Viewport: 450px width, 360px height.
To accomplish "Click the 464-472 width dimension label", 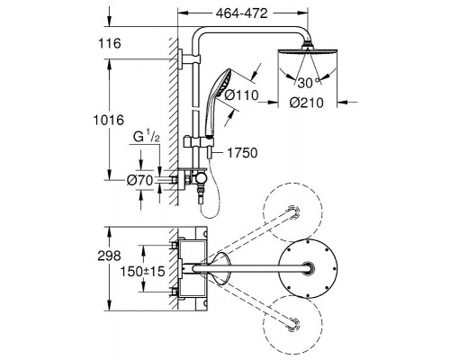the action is tap(241, 13).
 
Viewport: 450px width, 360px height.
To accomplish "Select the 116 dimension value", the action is tap(110, 43).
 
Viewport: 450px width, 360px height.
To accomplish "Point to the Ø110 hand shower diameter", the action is tap(241, 95).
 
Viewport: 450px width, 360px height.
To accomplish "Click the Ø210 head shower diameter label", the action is tap(307, 103).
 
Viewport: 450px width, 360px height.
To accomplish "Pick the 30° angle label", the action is tap(309, 83).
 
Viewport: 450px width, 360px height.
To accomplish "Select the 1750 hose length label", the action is tap(242, 153).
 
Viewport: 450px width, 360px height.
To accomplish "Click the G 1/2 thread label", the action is tap(147, 138).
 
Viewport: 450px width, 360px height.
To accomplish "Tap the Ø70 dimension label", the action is tap(139, 180).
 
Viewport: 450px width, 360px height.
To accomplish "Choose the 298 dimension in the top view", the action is tap(109, 256).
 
